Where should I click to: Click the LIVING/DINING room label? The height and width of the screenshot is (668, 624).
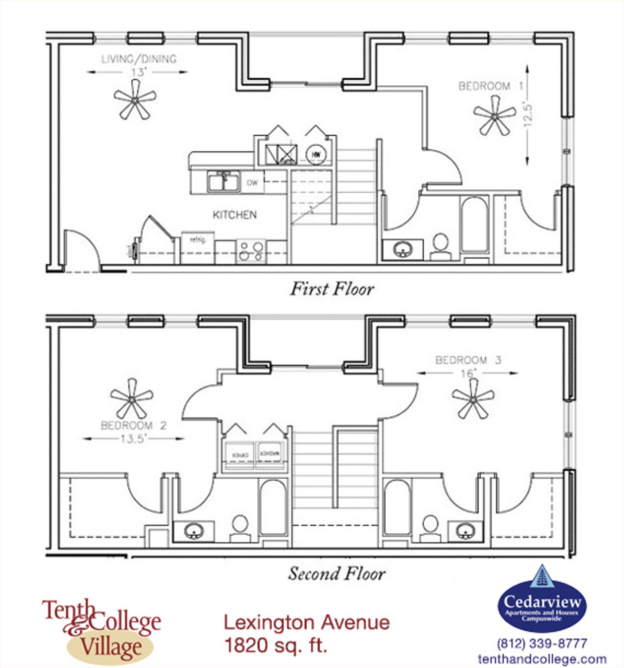click(139, 59)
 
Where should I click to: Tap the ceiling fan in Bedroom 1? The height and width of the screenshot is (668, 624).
click(494, 116)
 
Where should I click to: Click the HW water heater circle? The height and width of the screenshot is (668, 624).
click(316, 154)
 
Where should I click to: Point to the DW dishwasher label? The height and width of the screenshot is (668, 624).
click(252, 183)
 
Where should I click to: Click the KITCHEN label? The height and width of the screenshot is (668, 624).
click(235, 215)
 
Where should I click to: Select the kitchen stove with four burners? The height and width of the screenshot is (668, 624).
click(251, 251)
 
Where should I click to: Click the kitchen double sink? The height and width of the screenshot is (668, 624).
click(224, 181)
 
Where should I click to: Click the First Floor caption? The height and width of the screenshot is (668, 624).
click(332, 289)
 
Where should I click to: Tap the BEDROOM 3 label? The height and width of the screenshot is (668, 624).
click(468, 360)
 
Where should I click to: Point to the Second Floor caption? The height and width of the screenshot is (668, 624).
click(336, 574)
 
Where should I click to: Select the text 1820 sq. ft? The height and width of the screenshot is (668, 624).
click(276, 645)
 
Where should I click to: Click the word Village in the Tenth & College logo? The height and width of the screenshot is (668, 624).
click(111, 647)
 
